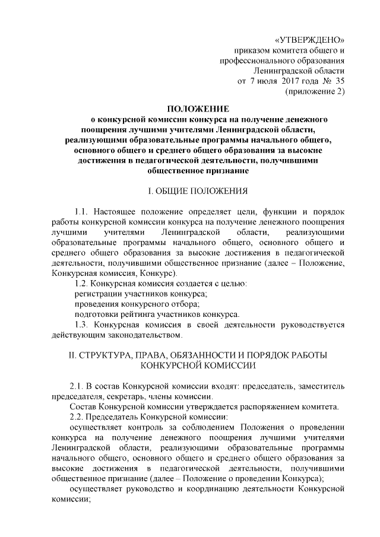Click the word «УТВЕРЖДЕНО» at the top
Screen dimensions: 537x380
tap(311, 40)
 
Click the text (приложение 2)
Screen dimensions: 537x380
tap(315, 91)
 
